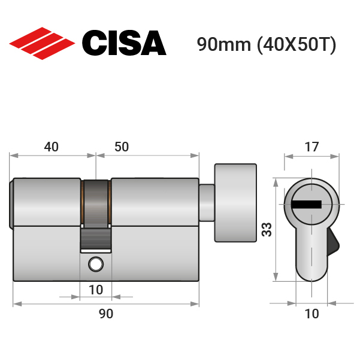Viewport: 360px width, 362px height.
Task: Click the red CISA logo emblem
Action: click(x=42, y=44)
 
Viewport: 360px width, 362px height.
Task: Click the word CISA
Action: click(x=124, y=43)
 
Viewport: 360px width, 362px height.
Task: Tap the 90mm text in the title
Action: click(x=223, y=44)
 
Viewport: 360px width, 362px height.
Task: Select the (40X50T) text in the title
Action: click(x=297, y=45)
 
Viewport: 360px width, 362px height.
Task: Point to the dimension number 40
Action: click(x=52, y=147)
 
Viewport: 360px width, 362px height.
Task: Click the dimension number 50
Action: click(x=122, y=147)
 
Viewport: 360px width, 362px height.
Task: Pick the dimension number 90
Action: click(x=106, y=314)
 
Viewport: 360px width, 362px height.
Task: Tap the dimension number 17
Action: click(x=311, y=147)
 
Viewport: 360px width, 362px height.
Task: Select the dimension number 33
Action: click(x=267, y=230)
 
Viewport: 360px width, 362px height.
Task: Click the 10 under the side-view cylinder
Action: click(x=96, y=290)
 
